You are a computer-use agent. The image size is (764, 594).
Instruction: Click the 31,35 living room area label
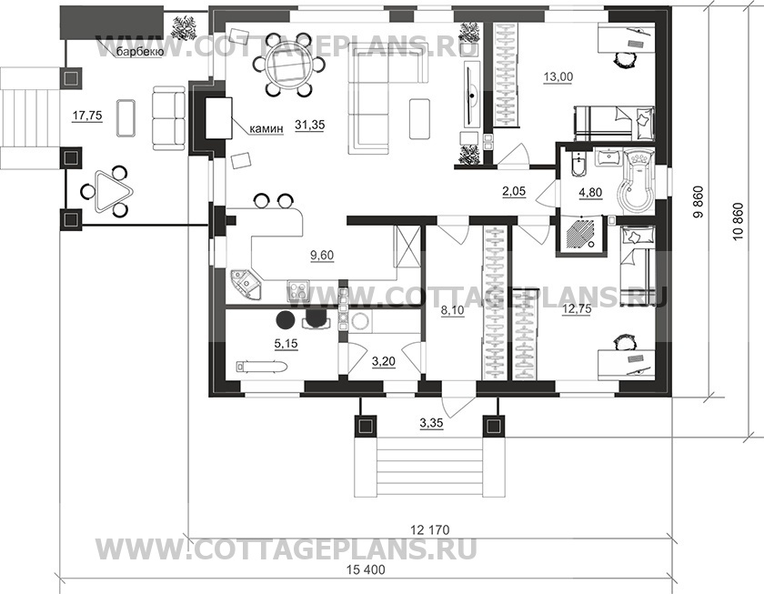[309, 126]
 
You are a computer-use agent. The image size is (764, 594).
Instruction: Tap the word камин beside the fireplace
[266, 129]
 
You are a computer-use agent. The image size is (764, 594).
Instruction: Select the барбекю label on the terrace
[139, 52]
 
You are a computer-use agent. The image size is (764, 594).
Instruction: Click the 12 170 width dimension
[429, 529]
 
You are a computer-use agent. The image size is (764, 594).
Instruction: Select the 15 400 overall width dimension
[366, 569]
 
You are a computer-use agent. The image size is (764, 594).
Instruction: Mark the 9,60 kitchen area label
[322, 256]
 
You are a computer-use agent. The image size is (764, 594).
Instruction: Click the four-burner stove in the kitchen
[297, 290]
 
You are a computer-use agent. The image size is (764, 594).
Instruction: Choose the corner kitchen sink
[246, 284]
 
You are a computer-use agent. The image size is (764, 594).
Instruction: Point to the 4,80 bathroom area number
[590, 193]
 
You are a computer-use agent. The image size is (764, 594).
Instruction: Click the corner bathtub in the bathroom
[638, 179]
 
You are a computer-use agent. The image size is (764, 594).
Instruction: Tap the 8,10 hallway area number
[453, 310]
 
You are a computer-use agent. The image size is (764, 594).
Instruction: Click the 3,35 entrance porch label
[431, 424]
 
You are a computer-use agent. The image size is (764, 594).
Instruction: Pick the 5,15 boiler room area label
[286, 344]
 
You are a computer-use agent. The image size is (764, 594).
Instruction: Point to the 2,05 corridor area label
[514, 192]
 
